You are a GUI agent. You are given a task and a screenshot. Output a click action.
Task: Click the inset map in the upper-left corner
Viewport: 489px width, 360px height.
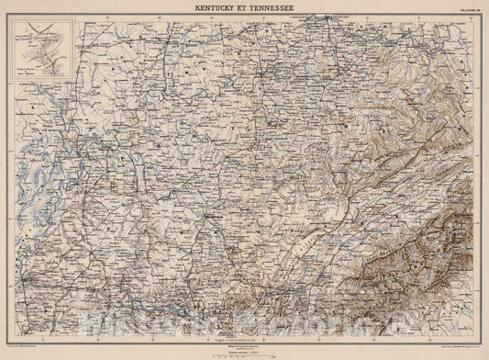click(x=40, y=51)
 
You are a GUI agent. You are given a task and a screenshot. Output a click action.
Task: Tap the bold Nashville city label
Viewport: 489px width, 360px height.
click(x=215, y=217)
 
